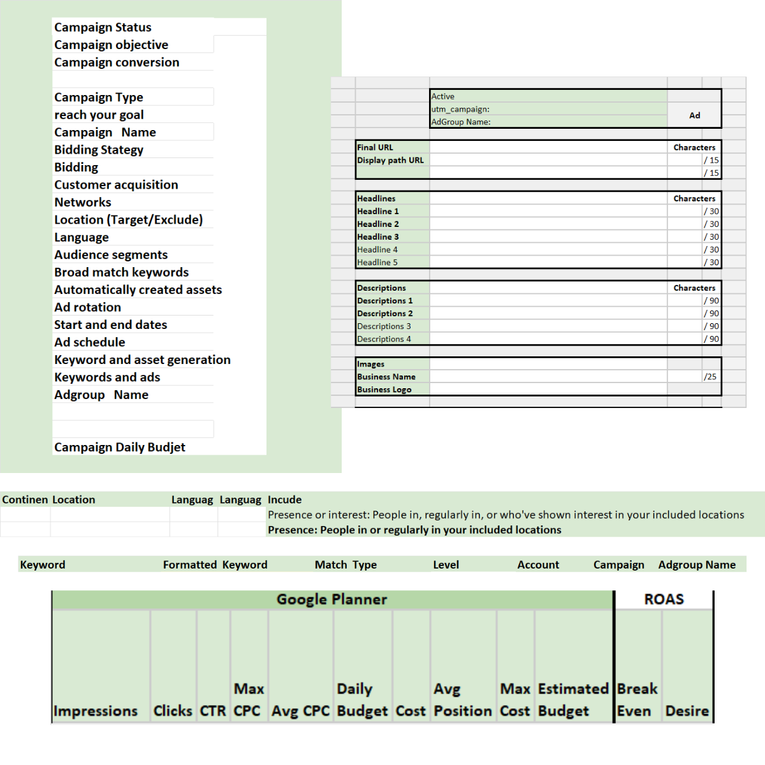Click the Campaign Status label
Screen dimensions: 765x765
(x=103, y=27)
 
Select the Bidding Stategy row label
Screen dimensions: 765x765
(x=99, y=150)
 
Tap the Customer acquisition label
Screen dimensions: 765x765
(x=116, y=185)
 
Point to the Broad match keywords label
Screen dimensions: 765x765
(x=121, y=272)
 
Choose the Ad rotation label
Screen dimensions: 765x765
(x=87, y=307)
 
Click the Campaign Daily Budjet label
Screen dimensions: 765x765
(x=120, y=448)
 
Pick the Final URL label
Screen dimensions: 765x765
(x=375, y=147)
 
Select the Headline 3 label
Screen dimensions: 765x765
(x=378, y=237)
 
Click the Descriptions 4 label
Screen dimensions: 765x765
(x=384, y=339)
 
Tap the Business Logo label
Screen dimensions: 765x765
(x=384, y=390)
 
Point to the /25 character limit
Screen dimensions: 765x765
(x=710, y=377)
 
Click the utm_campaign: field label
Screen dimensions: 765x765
(x=460, y=109)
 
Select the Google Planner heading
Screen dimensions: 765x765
(x=331, y=599)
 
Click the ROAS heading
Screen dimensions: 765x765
(x=664, y=599)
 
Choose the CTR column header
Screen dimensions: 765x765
(x=213, y=711)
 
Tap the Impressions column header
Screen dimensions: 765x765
(x=96, y=711)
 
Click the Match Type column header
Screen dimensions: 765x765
(x=346, y=565)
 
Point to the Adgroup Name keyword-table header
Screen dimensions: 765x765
(x=697, y=565)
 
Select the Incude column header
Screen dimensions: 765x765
(x=284, y=500)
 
